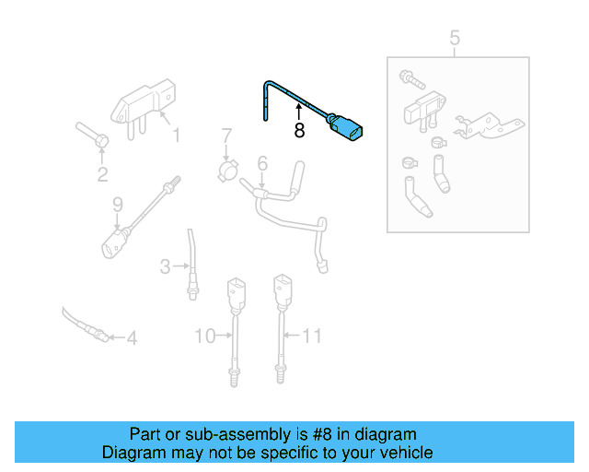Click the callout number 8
pos(299,131)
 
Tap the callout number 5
pos(454,38)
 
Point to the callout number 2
pos(102,175)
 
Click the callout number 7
pos(225,139)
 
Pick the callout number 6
pos(262,163)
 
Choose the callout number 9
pos(117,204)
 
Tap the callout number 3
pos(165,267)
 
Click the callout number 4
pos(132,338)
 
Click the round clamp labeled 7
pos(226,170)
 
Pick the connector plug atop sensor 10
pos(236,292)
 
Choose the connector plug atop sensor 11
pos(282,292)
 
